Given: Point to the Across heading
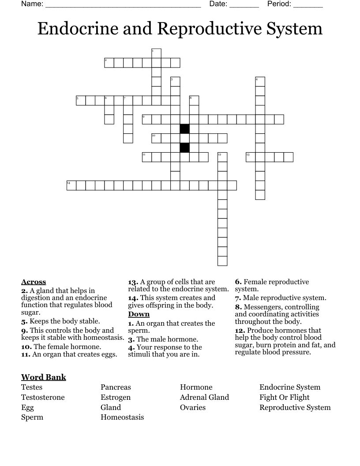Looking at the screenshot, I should coord(34,282).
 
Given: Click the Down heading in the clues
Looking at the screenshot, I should coord(139,314).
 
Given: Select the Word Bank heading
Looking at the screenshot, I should coord(44,377).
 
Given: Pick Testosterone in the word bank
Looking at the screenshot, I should coord(43,397).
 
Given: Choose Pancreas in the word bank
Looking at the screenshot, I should coord(116,387).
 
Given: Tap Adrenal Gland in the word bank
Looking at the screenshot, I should coord(204,397).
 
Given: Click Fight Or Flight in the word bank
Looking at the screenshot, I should coord(285,397).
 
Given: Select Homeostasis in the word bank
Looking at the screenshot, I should coord(122,417).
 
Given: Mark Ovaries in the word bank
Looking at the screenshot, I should coord(193,407).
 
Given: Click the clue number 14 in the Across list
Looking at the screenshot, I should coord(133,298).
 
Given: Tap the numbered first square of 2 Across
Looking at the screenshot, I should coord(109,63).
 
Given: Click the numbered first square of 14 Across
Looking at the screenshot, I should coord(71,185).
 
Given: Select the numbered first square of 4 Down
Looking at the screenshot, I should coord(260,82).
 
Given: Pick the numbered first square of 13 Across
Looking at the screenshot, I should coord(251,157).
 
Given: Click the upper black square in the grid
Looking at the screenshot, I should coord(185,129).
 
